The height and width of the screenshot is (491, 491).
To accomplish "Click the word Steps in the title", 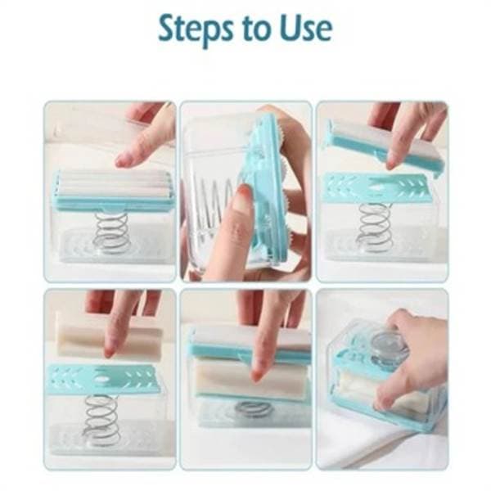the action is click(196, 29).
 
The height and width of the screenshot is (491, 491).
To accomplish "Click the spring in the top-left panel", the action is click(111, 232).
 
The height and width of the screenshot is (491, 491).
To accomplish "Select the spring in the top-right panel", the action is click(375, 226).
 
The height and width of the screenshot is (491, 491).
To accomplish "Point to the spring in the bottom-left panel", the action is click(101, 419).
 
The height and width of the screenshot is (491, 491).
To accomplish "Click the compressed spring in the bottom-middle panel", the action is click(254, 408).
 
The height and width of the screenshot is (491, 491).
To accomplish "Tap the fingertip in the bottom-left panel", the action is click(110, 350).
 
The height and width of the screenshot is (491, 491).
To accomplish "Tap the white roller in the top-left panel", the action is click(114, 186).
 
